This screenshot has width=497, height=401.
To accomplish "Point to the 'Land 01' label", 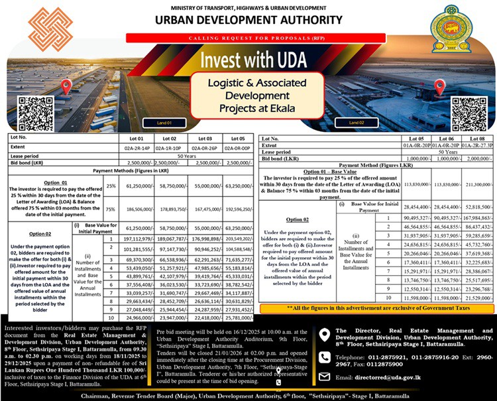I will (164, 123).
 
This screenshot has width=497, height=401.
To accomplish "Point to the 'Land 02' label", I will (356, 123).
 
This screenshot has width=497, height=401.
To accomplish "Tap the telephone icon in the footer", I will (324, 357).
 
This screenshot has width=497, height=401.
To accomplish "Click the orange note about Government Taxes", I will (376, 308).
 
